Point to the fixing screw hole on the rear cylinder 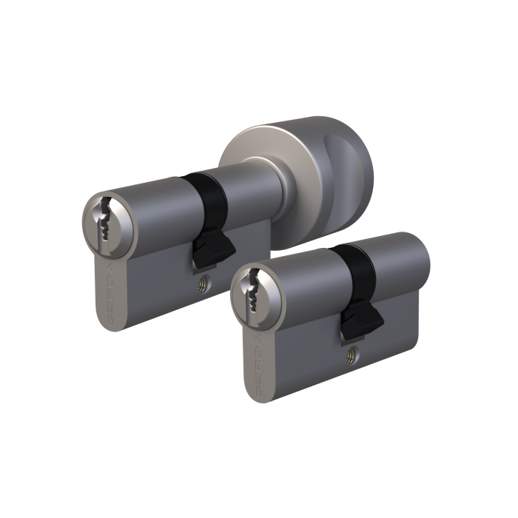tap(203, 282)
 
